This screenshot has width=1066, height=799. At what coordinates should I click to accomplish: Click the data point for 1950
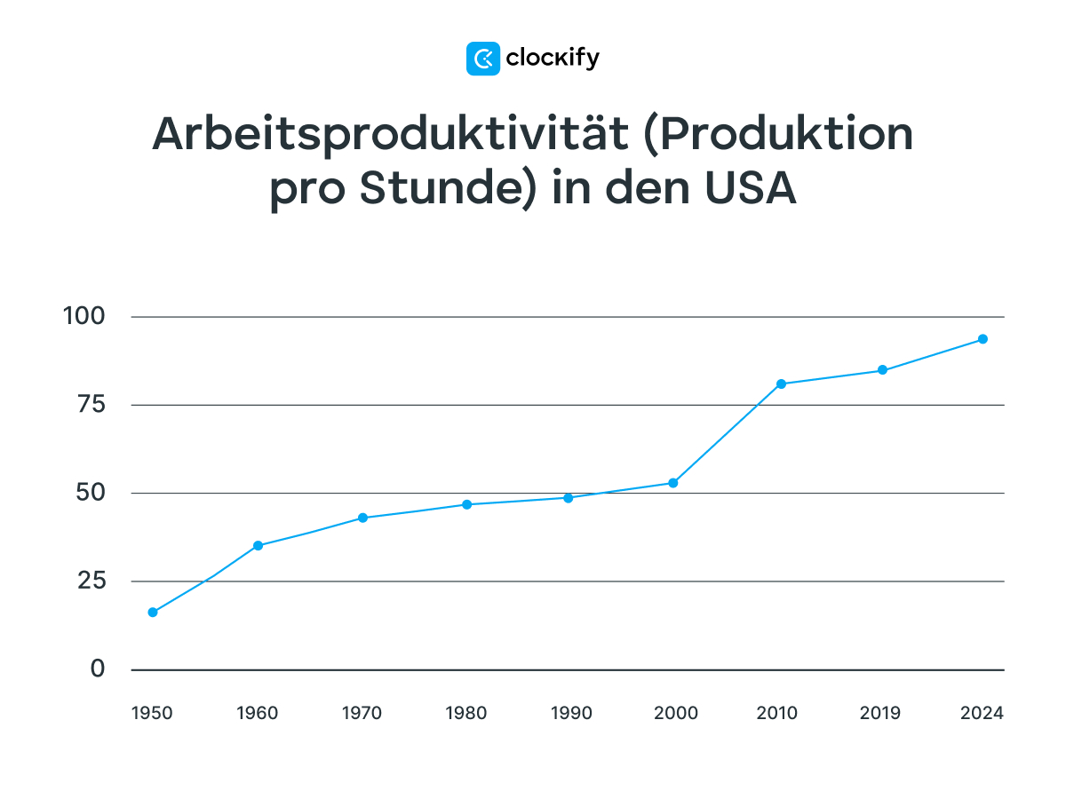pos(153,612)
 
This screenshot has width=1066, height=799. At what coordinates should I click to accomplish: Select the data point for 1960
pos(258,545)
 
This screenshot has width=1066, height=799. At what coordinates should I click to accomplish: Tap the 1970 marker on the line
pos(362,518)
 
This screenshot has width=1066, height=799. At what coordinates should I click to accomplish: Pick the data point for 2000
pos(673,483)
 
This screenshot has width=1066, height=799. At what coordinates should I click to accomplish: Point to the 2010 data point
pos(781,384)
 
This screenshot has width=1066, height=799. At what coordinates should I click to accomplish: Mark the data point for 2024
pos(982,339)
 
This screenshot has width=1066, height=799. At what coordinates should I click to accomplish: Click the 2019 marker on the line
pos(882,370)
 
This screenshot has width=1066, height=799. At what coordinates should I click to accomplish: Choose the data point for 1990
pos(569,497)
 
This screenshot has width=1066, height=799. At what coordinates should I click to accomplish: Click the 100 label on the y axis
pos(84,316)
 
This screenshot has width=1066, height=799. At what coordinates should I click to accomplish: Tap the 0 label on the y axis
pos(97,668)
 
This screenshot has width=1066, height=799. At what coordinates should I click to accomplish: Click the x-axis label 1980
pos(465,713)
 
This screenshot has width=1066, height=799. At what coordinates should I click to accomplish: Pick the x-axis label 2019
pos(880,713)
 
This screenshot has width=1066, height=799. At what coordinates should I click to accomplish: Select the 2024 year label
pos(982,713)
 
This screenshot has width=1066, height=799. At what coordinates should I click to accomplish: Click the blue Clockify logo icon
pos(483,59)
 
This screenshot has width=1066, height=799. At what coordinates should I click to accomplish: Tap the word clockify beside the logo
pos(553,59)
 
